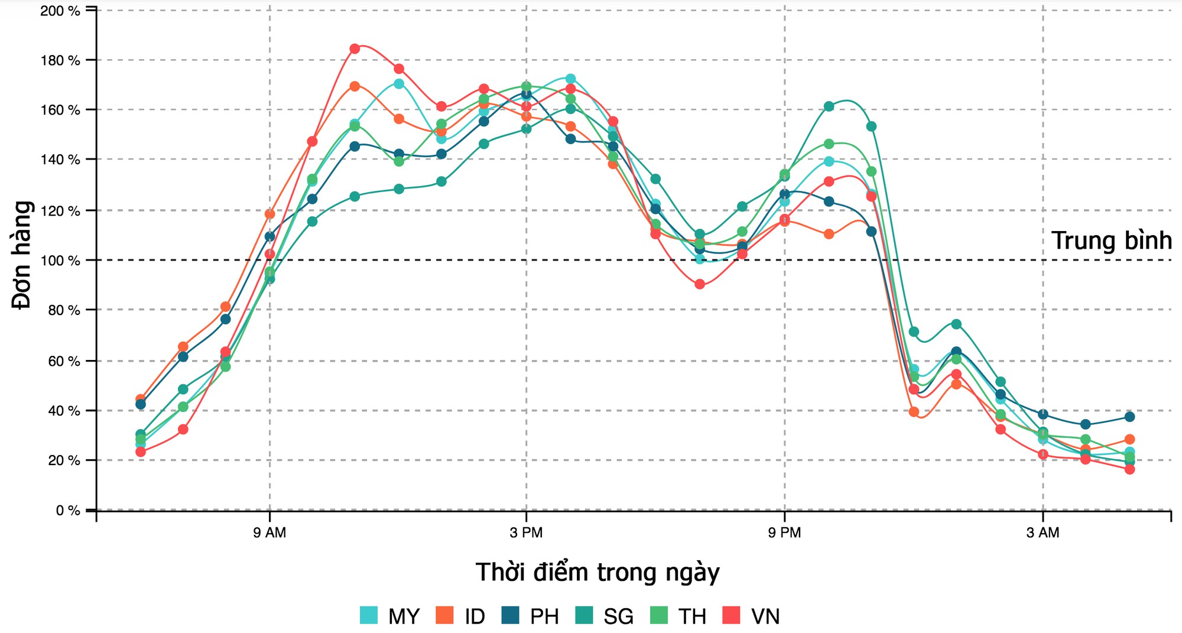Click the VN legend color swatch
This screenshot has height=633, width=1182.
(x=732, y=615)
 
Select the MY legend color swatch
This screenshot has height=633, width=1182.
(x=369, y=615)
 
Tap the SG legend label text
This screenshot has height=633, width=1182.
(x=618, y=616)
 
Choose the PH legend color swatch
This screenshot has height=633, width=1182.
(x=510, y=615)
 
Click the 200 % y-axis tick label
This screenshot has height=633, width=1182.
(x=60, y=11)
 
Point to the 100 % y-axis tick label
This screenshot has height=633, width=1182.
(x=60, y=261)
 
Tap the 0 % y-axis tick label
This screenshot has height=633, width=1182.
(x=67, y=511)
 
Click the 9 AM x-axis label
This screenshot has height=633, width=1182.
(x=269, y=533)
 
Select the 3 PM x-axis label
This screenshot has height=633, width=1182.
(x=526, y=533)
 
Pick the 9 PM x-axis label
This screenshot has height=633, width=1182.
(x=784, y=533)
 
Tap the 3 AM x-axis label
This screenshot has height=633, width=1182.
(x=1043, y=533)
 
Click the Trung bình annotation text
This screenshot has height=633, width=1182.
(x=1111, y=241)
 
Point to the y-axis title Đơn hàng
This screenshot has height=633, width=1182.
(x=22, y=255)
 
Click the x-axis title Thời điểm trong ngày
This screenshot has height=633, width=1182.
(x=598, y=573)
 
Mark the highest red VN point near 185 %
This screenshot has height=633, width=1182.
(x=355, y=48)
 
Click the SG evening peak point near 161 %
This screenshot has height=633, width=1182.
(x=829, y=106)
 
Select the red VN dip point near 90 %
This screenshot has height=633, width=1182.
(x=700, y=284)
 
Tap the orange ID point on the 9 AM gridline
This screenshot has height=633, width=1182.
(x=270, y=214)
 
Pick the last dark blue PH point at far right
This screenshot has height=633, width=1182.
(x=1129, y=417)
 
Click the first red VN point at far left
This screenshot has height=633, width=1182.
(x=141, y=452)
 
